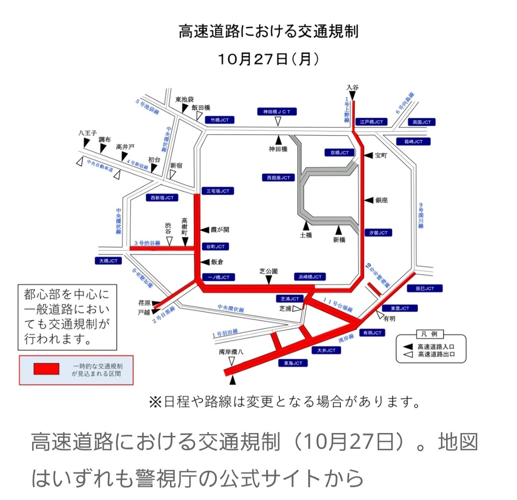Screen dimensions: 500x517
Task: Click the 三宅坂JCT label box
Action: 218,191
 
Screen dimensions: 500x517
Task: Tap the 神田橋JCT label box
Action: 277,111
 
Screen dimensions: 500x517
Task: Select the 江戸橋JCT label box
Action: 372,122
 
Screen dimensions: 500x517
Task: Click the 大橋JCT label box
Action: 108,261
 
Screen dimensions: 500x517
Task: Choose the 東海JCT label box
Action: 293,363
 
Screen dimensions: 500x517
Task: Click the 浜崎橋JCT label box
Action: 309,276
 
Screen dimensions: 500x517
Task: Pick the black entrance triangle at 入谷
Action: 352,96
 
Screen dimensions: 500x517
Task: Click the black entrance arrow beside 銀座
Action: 367,200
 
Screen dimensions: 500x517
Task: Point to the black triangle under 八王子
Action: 86,143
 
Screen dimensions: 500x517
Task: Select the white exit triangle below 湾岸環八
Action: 232,361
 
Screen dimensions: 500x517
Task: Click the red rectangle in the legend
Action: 46,368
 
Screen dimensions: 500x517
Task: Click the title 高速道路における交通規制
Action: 268,32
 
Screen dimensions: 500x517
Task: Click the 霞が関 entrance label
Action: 219,230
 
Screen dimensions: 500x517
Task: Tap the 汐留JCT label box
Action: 378,233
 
